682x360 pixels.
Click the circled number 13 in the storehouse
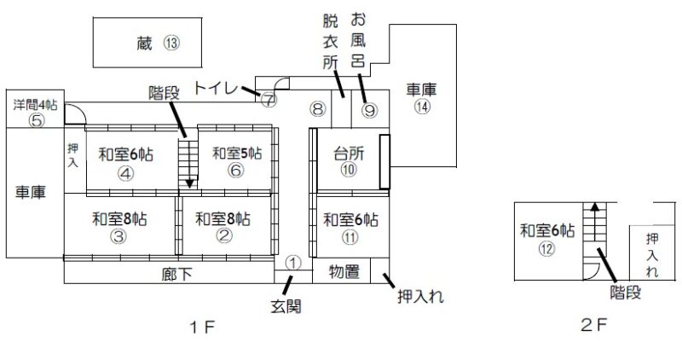173,43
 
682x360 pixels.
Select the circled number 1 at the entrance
292,262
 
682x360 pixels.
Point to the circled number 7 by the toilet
269,99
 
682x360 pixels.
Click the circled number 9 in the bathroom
369,109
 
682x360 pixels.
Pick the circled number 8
317,108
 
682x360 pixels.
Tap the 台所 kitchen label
348,154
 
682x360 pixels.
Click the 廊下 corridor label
174,275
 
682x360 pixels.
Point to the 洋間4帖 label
35,105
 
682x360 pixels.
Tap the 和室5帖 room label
237,154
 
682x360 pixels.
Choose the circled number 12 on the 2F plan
546,248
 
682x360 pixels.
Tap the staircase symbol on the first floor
188,163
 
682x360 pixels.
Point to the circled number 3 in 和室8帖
118,236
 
